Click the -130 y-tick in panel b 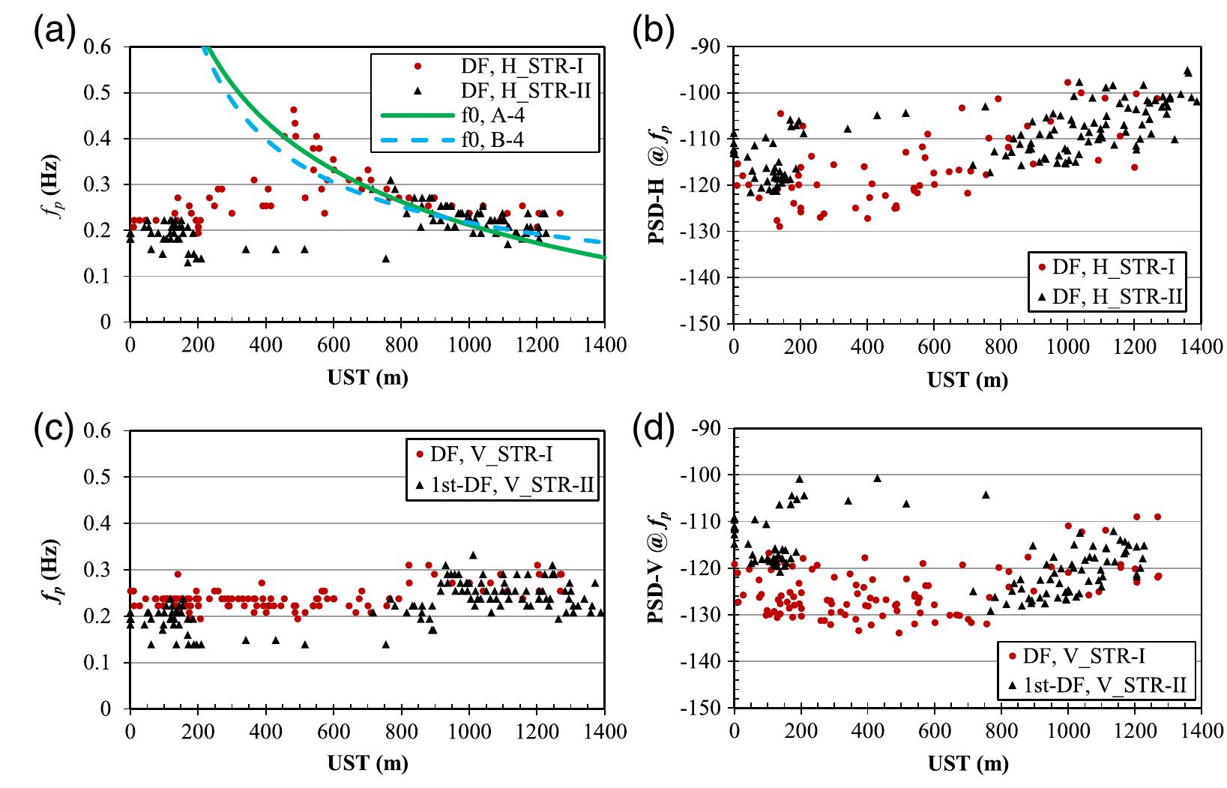[703, 231]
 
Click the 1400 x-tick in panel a [604, 345]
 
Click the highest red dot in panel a [294, 110]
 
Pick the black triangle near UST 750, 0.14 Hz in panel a [386, 259]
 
